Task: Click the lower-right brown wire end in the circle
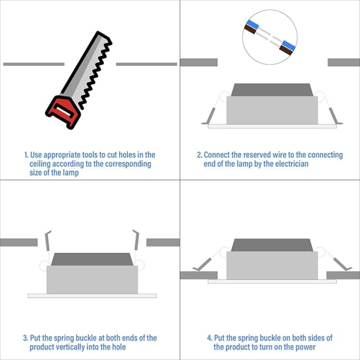coord(286,50)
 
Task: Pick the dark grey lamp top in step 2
coord(272,90)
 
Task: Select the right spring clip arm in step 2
coord(334,116)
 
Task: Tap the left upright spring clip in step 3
coord(48,241)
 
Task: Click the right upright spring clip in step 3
coord(136,240)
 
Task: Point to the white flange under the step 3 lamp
coord(92,296)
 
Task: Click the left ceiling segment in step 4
coord(199,275)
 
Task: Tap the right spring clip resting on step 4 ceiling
coord(342,265)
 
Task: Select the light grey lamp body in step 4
coord(272,265)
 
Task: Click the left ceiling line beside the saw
coord(34,64)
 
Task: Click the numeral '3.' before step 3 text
coord(26,338)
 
